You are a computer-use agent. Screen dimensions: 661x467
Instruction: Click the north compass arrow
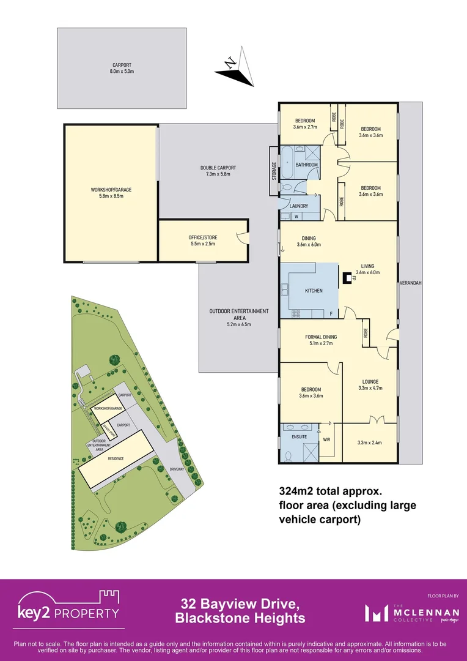click(235, 70)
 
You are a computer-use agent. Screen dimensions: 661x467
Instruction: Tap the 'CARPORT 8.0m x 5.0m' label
click(122, 68)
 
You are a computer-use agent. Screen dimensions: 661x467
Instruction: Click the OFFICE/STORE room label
click(202, 241)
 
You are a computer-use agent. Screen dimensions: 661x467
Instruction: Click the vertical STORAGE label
click(274, 171)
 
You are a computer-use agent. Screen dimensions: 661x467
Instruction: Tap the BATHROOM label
click(307, 165)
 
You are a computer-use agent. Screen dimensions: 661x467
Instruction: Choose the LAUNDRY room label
click(299, 206)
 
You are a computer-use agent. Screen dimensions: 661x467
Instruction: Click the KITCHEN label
click(314, 291)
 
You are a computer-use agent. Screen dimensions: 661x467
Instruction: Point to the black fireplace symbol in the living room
click(347, 278)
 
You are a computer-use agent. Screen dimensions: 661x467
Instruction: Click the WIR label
click(326, 439)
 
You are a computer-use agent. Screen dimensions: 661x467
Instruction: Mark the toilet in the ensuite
click(288, 455)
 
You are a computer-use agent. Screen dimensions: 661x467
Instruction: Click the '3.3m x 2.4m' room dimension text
click(369, 443)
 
